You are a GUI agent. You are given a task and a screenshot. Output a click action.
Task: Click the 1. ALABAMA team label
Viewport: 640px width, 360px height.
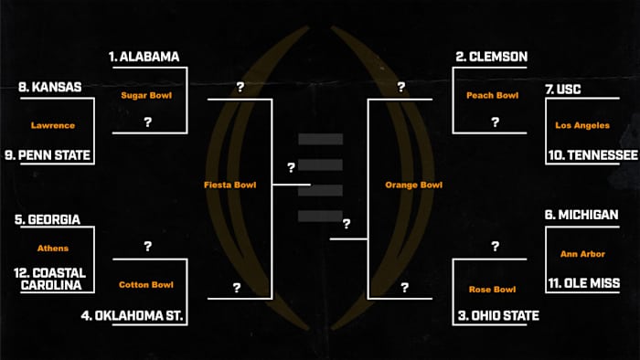[x=144, y=57]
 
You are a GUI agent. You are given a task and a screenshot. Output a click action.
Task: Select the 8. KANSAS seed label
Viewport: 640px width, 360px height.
[x=50, y=88]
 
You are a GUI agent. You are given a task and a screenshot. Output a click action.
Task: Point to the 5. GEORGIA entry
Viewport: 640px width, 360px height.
[x=48, y=220]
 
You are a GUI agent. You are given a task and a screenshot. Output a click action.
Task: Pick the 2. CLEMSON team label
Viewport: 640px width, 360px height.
[x=492, y=57]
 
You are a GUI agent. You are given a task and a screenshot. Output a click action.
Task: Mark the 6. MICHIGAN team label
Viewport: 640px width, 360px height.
[x=581, y=215]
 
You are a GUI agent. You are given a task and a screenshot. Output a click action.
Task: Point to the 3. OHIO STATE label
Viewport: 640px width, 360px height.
[x=496, y=316]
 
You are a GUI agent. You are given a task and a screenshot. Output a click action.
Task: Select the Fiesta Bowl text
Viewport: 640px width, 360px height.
[x=229, y=185]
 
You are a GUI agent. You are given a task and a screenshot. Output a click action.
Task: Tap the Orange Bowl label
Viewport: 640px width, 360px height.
[x=413, y=185]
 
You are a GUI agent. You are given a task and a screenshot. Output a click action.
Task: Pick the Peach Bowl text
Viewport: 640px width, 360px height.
[x=492, y=94]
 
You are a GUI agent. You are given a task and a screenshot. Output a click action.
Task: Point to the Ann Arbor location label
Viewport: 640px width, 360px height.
[x=581, y=254]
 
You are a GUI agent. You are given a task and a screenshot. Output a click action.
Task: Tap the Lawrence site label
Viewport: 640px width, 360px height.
[x=52, y=125]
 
